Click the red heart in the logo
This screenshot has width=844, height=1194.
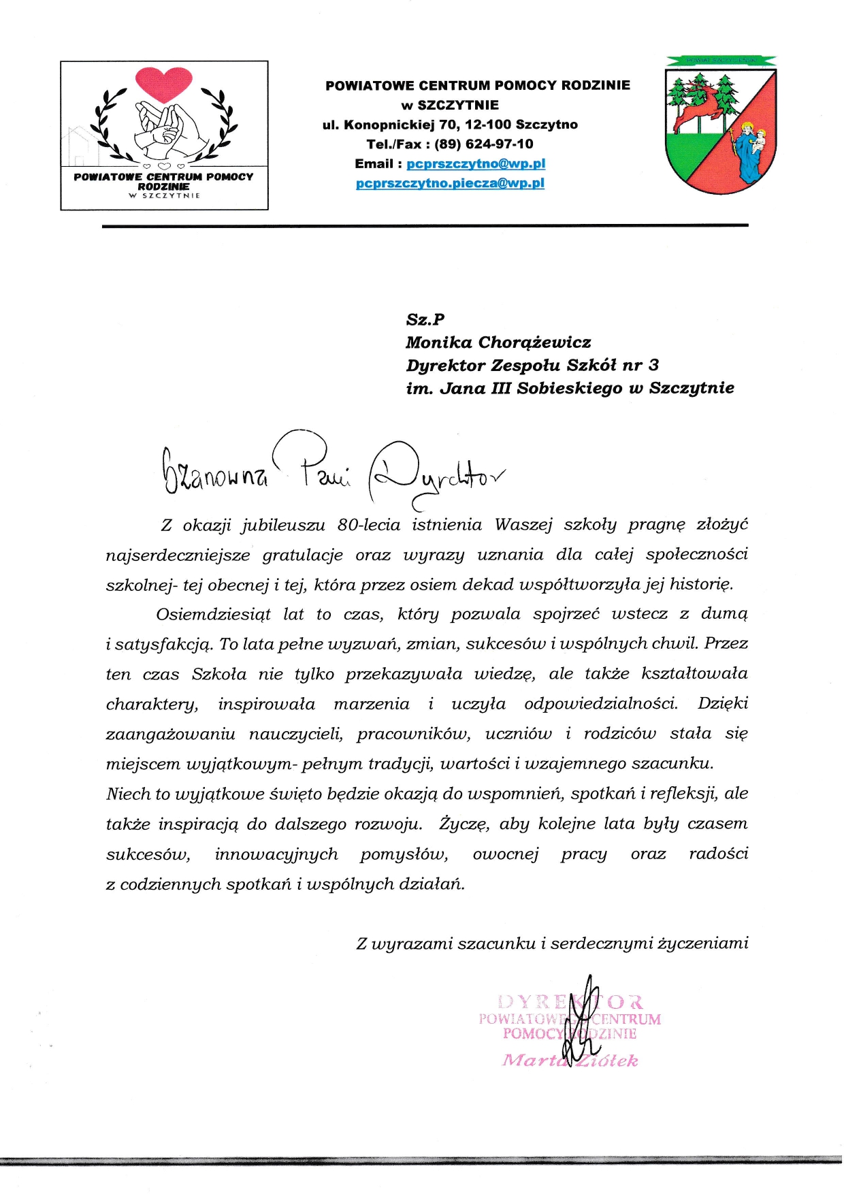[164, 84]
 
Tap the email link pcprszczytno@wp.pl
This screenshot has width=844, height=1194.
[476, 164]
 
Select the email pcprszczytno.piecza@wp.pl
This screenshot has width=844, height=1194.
[450, 183]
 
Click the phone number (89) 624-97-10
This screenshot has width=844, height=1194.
[483, 144]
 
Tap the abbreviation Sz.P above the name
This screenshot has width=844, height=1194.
[425, 319]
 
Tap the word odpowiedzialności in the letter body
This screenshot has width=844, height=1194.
[601, 704]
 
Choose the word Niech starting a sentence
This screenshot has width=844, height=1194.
[128, 794]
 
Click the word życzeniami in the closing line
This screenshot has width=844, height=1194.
[704, 944]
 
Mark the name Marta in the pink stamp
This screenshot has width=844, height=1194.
[534, 1061]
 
